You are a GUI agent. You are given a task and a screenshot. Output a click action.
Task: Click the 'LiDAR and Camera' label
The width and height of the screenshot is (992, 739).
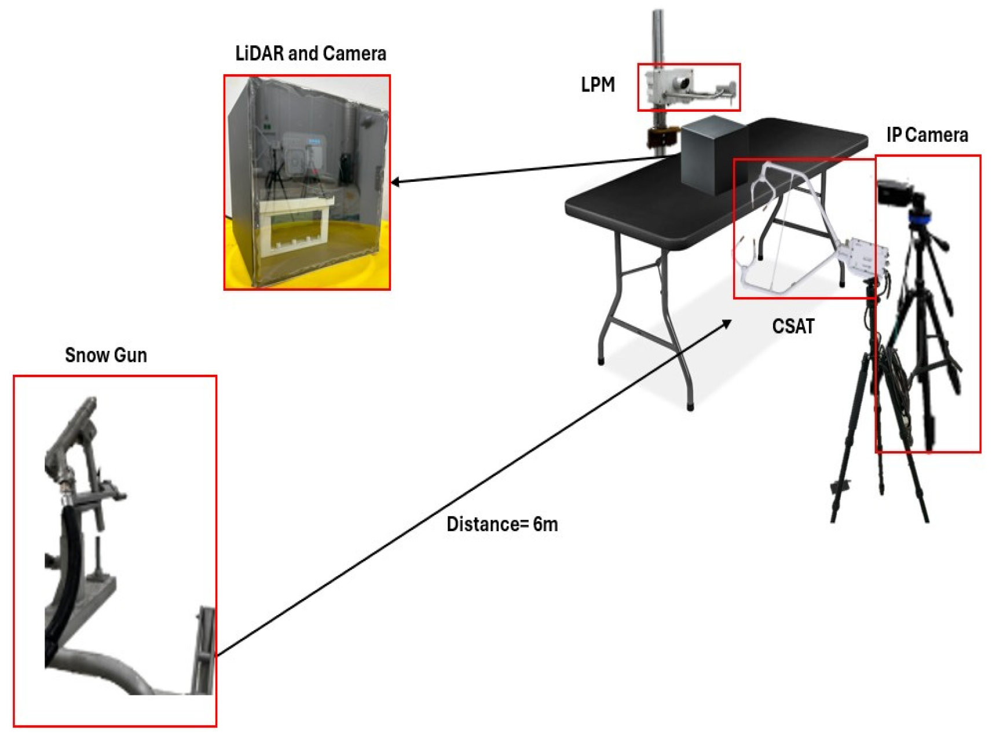pos(310,54)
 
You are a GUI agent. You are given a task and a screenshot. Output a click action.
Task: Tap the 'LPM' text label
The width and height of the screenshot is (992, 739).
pos(598,85)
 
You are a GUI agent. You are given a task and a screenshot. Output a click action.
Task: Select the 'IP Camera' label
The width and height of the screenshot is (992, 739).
pos(927,136)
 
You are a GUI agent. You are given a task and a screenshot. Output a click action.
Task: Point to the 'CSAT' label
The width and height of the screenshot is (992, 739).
pos(793,327)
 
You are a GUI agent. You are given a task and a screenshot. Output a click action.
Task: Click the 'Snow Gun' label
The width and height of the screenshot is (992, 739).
pos(106,355)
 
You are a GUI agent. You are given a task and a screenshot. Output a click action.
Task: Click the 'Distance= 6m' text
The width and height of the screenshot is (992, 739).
pos(502,525)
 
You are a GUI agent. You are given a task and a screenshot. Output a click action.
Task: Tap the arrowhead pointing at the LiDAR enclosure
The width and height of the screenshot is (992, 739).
pos(396,182)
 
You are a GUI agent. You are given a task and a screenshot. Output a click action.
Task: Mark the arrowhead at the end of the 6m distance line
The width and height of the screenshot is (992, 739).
pos(726,324)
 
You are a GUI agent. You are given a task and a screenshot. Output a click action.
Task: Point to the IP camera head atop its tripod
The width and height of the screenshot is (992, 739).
pos(894,193)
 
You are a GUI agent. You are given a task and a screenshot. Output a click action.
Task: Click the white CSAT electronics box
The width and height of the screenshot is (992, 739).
pos(866,255)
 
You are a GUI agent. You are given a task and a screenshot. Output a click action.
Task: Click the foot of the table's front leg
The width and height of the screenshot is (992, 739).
pos(690,407)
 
